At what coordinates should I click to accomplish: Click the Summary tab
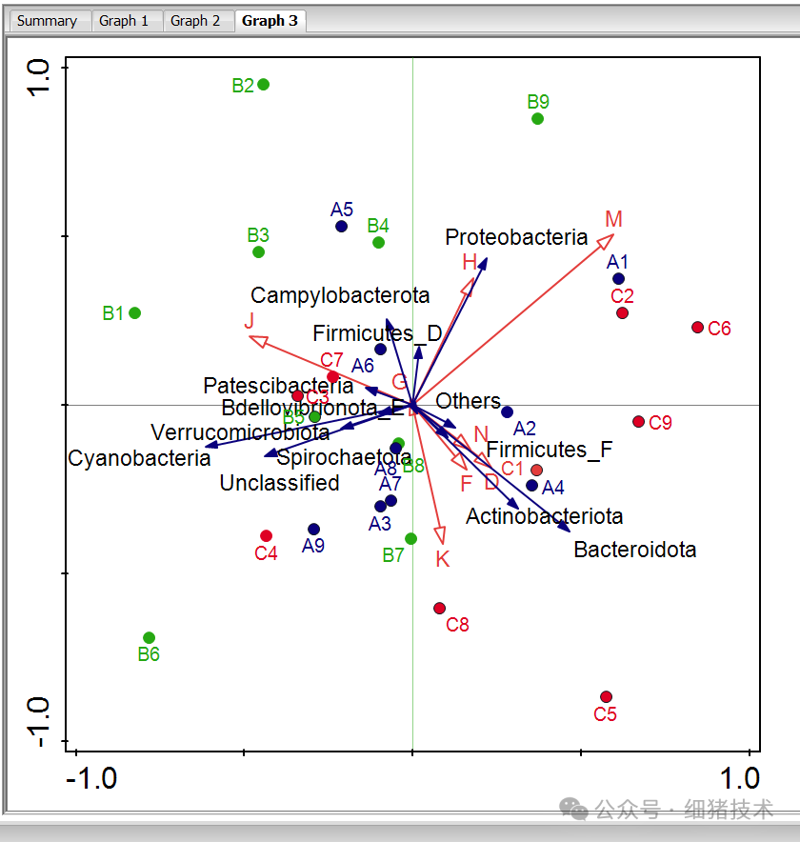(47, 21)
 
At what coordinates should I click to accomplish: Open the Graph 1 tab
(124, 21)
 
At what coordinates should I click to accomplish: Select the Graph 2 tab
(195, 21)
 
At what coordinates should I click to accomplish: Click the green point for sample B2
(264, 85)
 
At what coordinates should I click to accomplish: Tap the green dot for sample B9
(537, 119)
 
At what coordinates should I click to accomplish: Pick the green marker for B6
(149, 638)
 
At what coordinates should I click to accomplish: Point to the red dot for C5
(606, 697)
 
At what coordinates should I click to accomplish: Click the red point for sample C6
(697, 328)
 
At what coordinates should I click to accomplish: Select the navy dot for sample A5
(341, 227)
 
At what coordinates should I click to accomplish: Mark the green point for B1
(135, 313)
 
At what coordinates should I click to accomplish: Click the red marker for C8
(439, 608)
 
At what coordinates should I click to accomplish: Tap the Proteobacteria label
(516, 238)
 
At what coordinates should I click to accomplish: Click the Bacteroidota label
(634, 550)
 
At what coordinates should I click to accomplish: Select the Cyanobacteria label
(139, 458)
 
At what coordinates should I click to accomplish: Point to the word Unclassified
(279, 483)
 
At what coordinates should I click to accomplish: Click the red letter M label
(613, 219)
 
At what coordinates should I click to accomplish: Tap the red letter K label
(442, 559)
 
